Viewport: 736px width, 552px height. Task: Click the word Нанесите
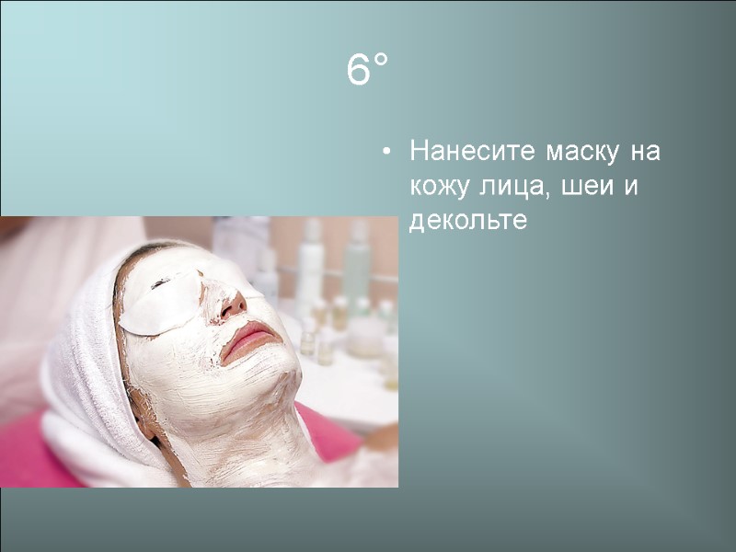(472, 150)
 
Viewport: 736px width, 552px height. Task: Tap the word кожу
(439, 187)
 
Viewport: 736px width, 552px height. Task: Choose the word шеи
(584, 187)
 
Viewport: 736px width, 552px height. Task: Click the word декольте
(468, 222)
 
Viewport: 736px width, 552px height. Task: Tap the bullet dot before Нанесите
(389, 151)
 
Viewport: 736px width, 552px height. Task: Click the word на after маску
(647, 150)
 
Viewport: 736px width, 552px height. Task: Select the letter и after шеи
(630, 187)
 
